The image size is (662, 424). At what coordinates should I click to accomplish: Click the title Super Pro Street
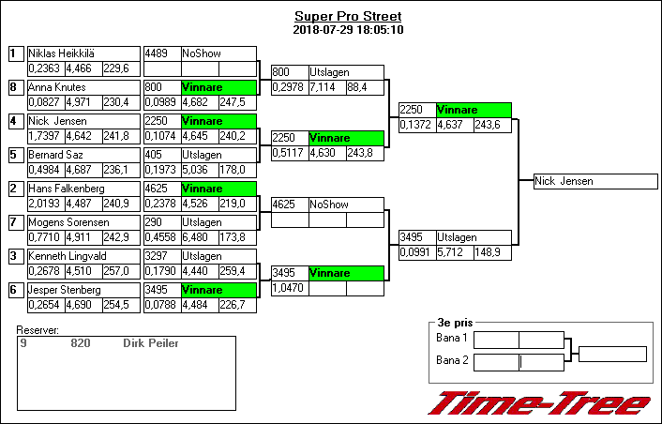347,17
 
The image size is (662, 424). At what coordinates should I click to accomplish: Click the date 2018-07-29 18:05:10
347,30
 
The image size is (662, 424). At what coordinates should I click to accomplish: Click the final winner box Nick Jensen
565,182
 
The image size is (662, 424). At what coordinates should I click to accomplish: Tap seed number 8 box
14,87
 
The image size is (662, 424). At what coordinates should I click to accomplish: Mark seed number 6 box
14,290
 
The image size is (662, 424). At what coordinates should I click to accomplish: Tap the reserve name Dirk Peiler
151,343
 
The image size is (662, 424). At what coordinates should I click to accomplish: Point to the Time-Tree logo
540,403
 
